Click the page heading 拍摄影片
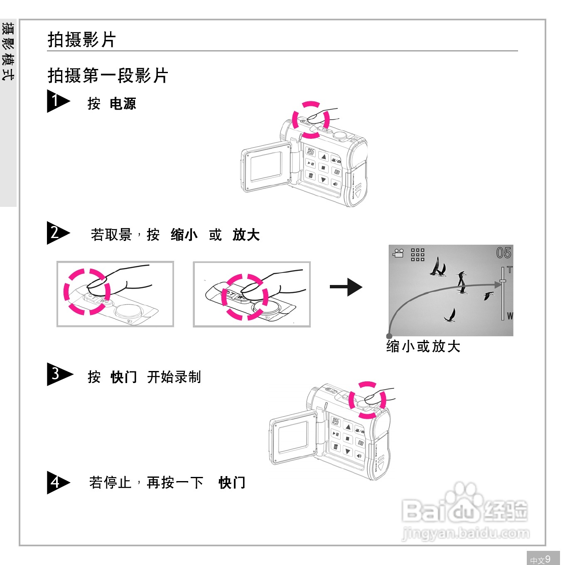point(81,40)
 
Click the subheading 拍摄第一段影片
point(108,76)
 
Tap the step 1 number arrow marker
point(57,101)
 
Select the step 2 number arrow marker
point(57,233)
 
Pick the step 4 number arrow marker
point(57,482)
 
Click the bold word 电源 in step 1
point(123,104)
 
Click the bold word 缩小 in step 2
point(184,235)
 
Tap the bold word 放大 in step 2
point(246,235)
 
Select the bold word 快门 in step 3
point(124,377)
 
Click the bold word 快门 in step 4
point(232,483)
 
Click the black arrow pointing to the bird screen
point(346,287)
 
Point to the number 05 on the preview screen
point(504,253)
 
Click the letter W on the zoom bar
point(510,316)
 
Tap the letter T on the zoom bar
point(510,270)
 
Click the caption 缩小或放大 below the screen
point(423,346)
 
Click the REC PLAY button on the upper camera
point(310,152)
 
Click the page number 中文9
point(540,559)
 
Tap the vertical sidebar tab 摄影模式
point(8,52)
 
